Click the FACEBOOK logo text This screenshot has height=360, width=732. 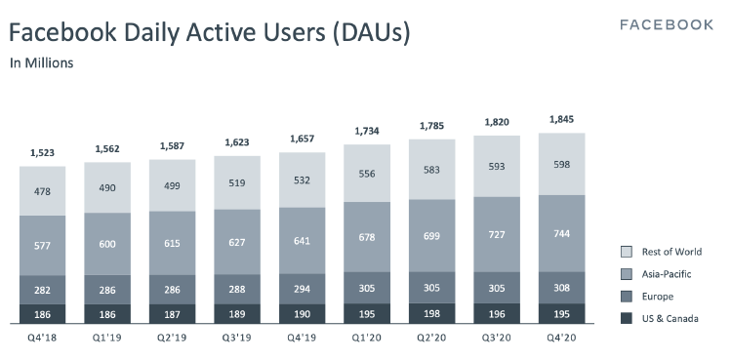667,24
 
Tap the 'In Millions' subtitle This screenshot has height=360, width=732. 42,63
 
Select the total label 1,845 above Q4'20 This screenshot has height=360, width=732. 561,121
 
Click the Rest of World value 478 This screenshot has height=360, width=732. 43,193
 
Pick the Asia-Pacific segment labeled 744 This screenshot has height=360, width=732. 561,234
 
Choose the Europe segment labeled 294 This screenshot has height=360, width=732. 303,290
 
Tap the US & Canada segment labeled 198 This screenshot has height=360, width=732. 431,314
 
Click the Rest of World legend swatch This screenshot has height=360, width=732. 628,253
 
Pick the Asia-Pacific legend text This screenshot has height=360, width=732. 670,275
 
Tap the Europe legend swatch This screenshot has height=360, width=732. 628,297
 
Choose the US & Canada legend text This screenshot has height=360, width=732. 671,319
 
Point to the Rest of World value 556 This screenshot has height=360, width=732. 367,173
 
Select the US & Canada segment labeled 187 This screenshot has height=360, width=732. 173,314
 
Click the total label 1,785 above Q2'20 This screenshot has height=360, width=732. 431,126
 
